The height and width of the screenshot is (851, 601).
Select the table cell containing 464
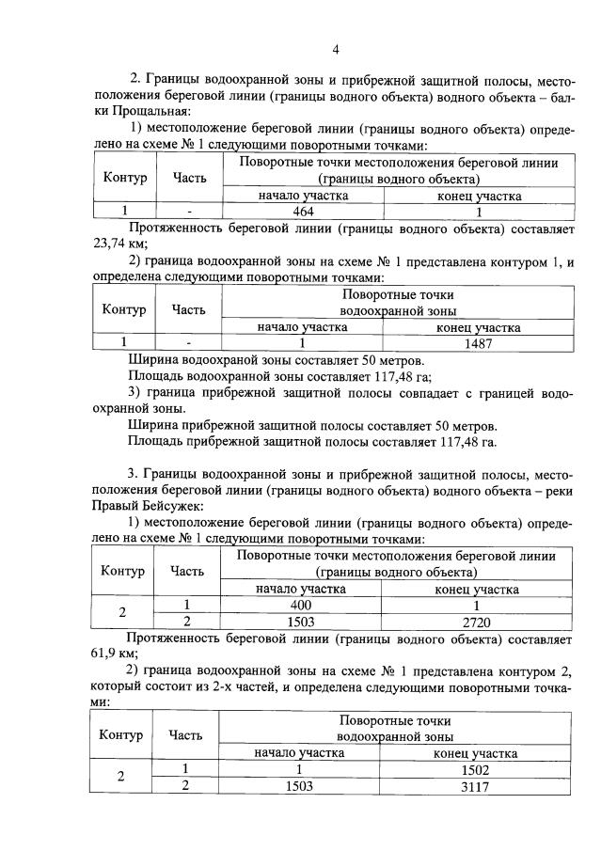point(303,211)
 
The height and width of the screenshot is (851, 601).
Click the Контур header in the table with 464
point(123,177)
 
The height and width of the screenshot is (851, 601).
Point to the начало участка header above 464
point(303,195)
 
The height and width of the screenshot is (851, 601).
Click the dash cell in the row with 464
point(189,211)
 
